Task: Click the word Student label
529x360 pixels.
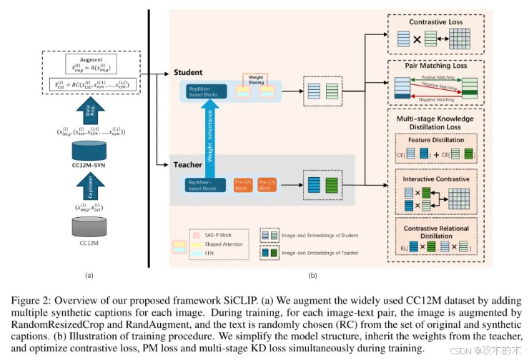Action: coord(189,72)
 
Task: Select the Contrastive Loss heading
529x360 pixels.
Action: coord(436,22)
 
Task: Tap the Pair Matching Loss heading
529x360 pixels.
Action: coord(436,66)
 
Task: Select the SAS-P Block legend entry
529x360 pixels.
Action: coord(219,233)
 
